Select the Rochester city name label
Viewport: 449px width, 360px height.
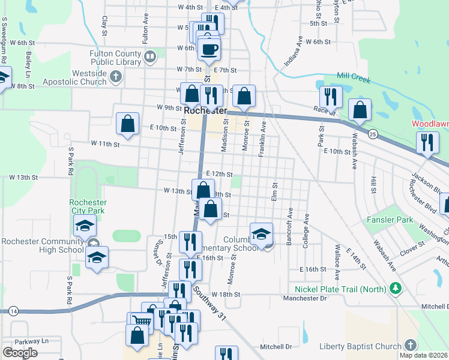pyautogui.click(x=205, y=111)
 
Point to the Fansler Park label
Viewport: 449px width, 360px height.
pyautogui.click(x=390, y=220)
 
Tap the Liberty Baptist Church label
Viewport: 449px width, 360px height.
pyautogui.click(x=360, y=346)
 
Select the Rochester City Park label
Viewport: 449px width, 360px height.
pyautogui.click(x=88, y=206)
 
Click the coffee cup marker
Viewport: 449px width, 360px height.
pyautogui.click(x=209, y=49)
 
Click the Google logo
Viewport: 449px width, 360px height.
pyautogui.click(x=20, y=352)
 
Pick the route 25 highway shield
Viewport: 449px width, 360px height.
pyautogui.click(x=373, y=133)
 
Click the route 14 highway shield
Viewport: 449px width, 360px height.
pyautogui.click(x=13, y=311)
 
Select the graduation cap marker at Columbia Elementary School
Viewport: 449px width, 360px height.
pyautogui.click(x=261, y=234)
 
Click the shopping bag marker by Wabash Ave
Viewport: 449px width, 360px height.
pyautogui.click(x=359, y=110)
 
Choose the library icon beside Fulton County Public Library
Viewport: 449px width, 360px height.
pyautogui.click(x=150, y=57)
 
